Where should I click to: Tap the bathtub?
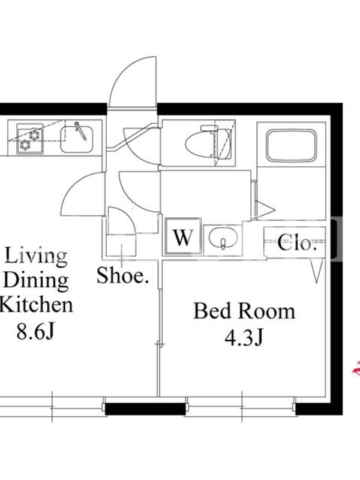[291, 145]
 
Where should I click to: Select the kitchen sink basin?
[77, 139]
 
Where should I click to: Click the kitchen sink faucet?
[80, 131]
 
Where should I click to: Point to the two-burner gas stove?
[29, 139]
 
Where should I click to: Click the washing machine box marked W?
[183, 236]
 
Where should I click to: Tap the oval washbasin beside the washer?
[223, 238]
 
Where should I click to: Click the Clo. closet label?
[297, 243]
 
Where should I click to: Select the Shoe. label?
[122, 275]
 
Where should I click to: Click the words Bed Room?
[244, 311]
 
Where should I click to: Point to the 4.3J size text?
[244, 338]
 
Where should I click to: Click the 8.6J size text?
[35, 331]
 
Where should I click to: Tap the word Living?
[36, 256]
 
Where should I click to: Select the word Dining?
[35, 280]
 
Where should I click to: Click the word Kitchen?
[36, 305]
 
